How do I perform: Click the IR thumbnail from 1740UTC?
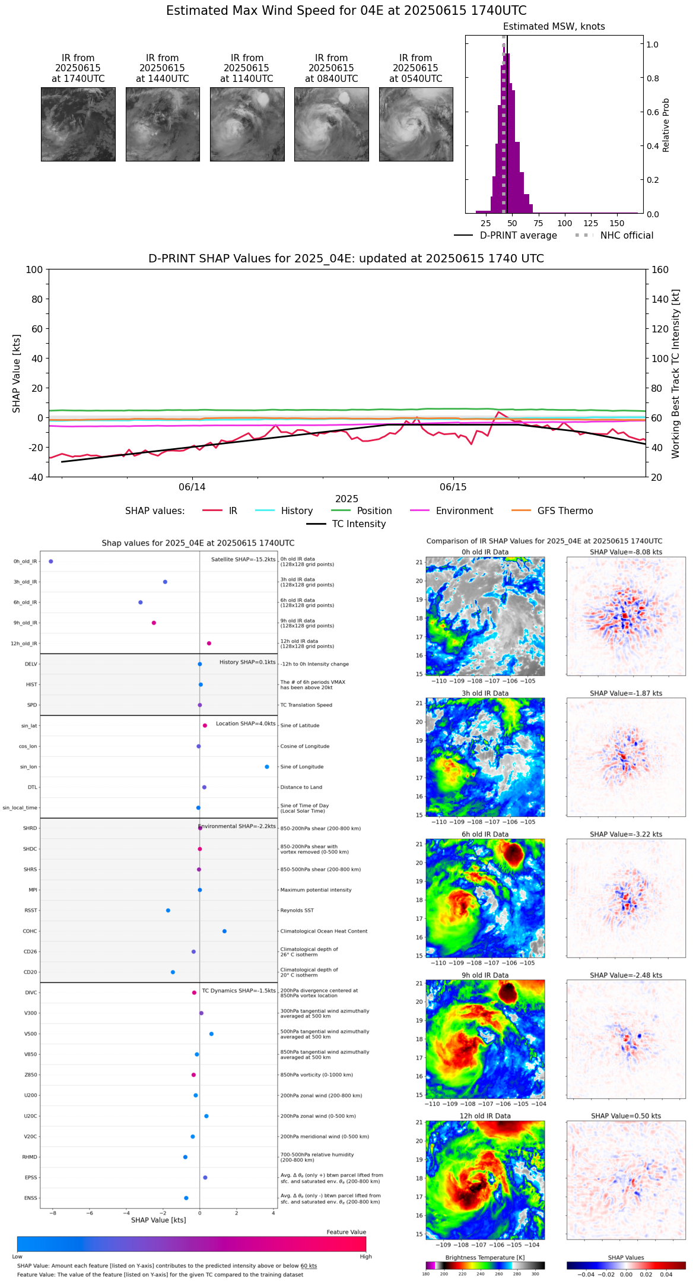coord(78,124)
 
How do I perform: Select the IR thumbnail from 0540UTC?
coord(416,124)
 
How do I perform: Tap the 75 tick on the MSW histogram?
coord(538,223)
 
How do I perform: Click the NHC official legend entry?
coord(626,236)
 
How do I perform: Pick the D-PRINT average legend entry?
coord(518,236)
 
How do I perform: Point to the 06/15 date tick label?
coord(453,487)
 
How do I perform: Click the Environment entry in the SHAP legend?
coord(464,511)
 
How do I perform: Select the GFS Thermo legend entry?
coord(565,511)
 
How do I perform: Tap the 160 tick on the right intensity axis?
coord(660,269)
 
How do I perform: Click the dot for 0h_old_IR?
coord(51,561)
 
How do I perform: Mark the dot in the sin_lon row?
coord(267,766)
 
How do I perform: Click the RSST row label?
coord(31,910)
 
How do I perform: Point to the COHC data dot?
coord(224,931)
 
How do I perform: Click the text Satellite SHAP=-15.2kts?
coord(243,559)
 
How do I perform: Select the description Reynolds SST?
coord(297,910)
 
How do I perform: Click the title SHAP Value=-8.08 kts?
coord(626,552)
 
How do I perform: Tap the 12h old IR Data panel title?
coord(485,1116)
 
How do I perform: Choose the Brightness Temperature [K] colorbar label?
coord(485,1257)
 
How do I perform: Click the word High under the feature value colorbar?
coord(365,1257)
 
